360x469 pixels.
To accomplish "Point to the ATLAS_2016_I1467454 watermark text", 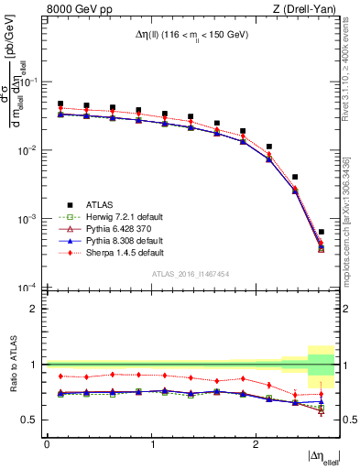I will tap(191, 273).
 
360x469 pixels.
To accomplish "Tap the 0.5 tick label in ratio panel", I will tap(31, 420).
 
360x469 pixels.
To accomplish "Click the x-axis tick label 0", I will tap(47, 442).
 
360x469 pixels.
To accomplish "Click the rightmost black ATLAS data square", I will tap(322, 232).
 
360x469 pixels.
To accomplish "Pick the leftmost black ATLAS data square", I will tap(60, 104).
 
